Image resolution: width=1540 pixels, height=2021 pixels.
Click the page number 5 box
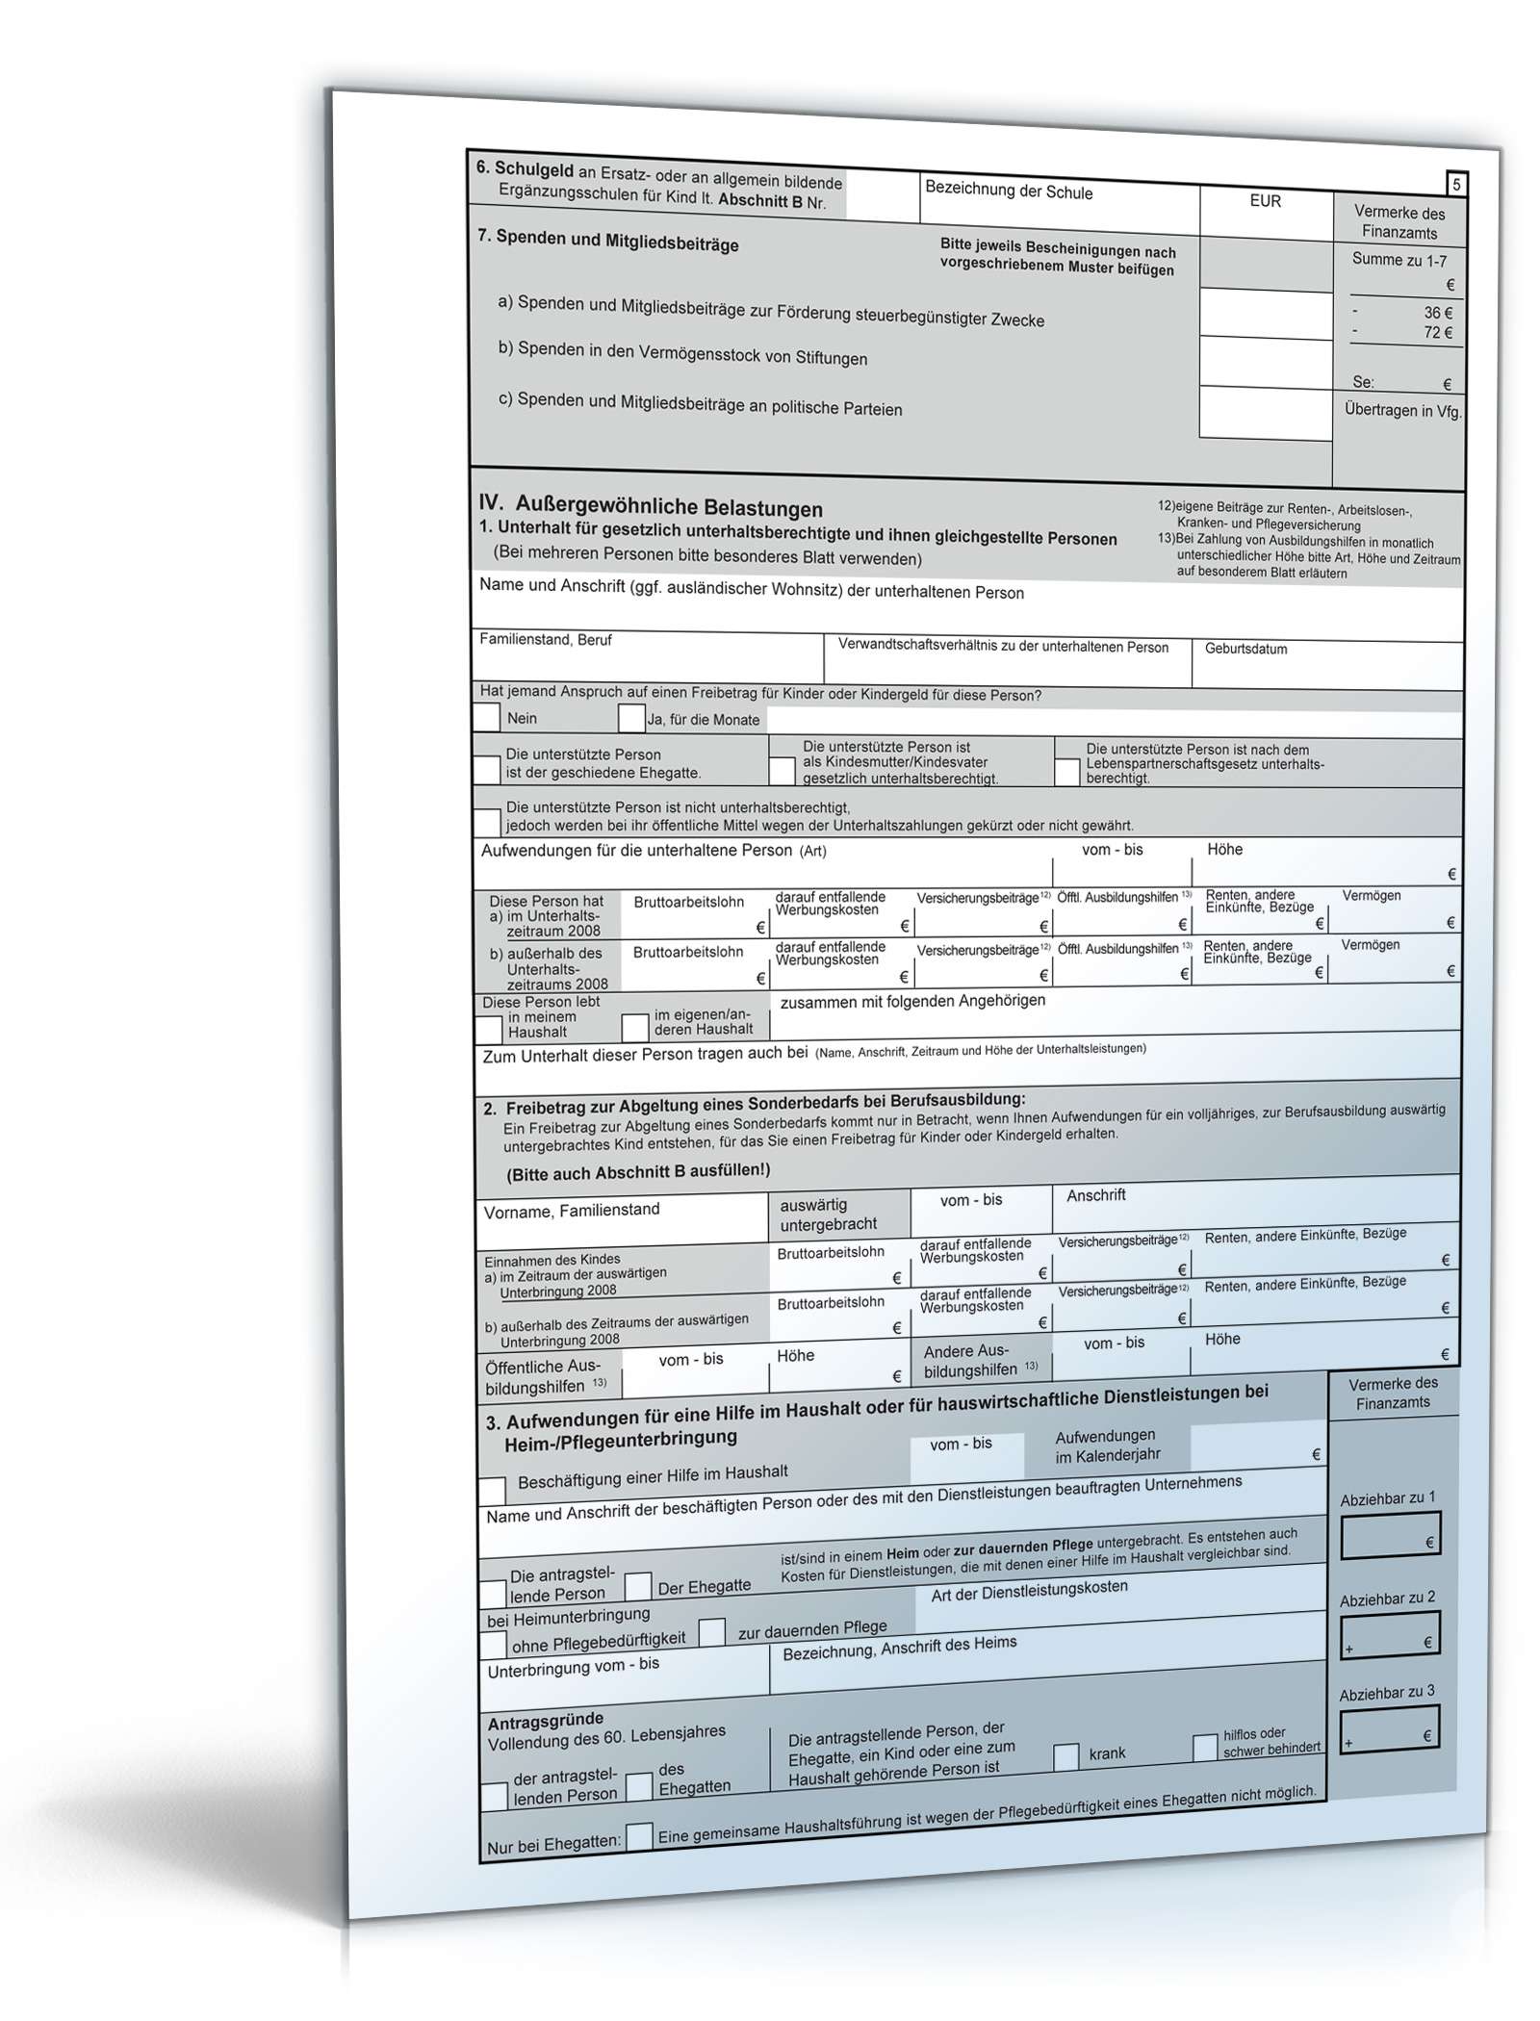pyautogui.click(x=1456, y=184)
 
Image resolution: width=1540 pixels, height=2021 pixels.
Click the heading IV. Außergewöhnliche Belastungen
pyautogui.click(x=651, y=506)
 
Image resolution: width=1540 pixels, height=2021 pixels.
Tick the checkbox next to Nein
pyautogui.click(x=487, y=717)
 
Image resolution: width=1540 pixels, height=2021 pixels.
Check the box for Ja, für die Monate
pyautogui.click(x=631, y=719)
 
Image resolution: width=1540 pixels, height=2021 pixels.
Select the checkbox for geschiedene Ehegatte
pyautogui.click(x=487, y=769)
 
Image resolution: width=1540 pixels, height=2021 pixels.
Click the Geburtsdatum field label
pyautogui.click(x=1245, y=649)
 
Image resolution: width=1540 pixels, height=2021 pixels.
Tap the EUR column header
pyautogui.click(x=1265, y=201)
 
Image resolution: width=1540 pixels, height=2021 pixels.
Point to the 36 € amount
pyautogui.click(x=1438, y=313)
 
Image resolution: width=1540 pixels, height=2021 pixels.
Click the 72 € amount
pyautogui.click(x=1438, y=333)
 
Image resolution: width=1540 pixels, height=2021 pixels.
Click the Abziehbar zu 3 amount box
pyautogui.click(x=1389, y=1728)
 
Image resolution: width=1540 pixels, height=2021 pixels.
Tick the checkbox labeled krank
pyautogui.click(x=1065, y=1756)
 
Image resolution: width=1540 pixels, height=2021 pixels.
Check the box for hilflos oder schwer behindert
pyautogui.click(x=1204, y=1749)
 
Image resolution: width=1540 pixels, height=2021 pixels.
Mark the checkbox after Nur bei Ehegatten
pyautogui.click(x=638, y=1836)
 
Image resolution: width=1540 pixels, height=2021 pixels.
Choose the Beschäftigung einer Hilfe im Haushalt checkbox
pyautogui.click(x=492, y=1491)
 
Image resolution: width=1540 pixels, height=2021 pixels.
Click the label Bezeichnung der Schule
pyautogui.click(x=1008, y=192)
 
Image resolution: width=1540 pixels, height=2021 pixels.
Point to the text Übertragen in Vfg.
pyautogui.click(x=1402, y=411)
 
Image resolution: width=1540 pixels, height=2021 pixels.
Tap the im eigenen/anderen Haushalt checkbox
pyautogui.click(x=634, y=1028)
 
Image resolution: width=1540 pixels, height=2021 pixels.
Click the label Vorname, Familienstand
pyautogui.click(x=572, y=1211)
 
